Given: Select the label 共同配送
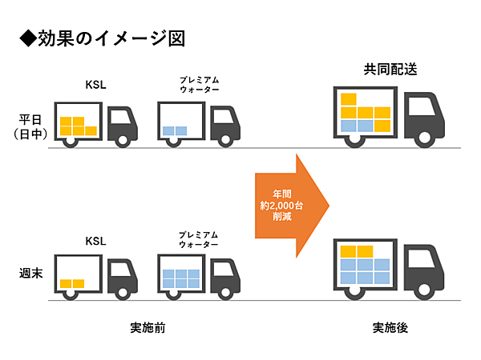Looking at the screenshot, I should tap(390, 70).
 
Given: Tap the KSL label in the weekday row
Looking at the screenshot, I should tap(96, 84).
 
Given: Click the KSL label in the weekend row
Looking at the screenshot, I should tap(96, 240).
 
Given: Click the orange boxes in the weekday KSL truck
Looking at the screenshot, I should tap(78, 126).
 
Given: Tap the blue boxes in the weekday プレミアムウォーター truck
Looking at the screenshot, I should tap(174, 130).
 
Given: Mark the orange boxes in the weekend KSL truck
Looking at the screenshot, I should tap(72, 283).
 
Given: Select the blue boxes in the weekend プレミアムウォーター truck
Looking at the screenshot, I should tap(181, 278).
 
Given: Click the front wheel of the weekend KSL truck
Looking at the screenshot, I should tap(123, 294).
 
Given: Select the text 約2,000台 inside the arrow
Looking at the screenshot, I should tap(282, 206).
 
